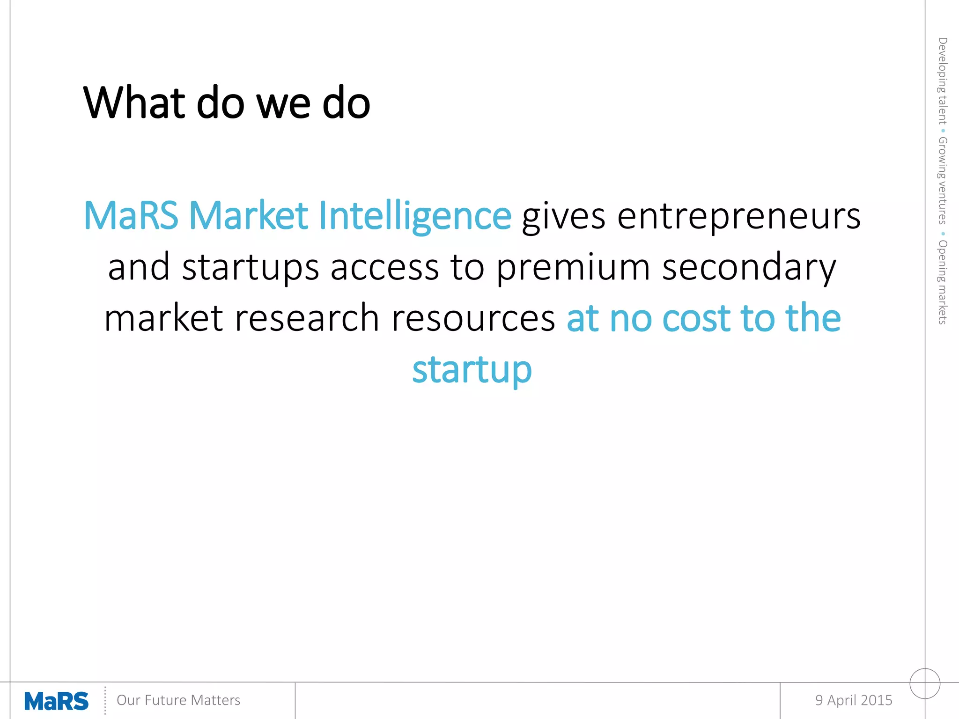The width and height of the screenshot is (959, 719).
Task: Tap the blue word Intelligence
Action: pos(415,216)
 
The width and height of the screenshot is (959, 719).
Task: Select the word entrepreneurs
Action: pos(738,216)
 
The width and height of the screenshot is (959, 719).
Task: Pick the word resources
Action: pos(473,318)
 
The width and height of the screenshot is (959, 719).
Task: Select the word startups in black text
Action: pos(251,268)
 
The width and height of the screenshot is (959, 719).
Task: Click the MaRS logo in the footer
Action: pos(56,701)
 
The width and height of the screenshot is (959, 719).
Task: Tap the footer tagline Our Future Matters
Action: pos(178,700)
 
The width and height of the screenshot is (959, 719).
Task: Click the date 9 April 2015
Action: pos(854,700)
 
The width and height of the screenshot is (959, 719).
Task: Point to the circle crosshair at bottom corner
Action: pos(925,683)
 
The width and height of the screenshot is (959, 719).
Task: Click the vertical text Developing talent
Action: pos(942,81)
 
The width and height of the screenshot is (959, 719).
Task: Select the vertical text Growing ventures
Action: pos(942,181)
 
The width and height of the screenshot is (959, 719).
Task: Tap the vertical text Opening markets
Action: pos(942,282)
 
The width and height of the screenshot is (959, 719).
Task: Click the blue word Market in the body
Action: pos(248,216)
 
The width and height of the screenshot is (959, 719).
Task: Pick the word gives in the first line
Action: pos(564,216)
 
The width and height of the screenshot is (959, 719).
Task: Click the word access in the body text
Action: pos(384,268)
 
